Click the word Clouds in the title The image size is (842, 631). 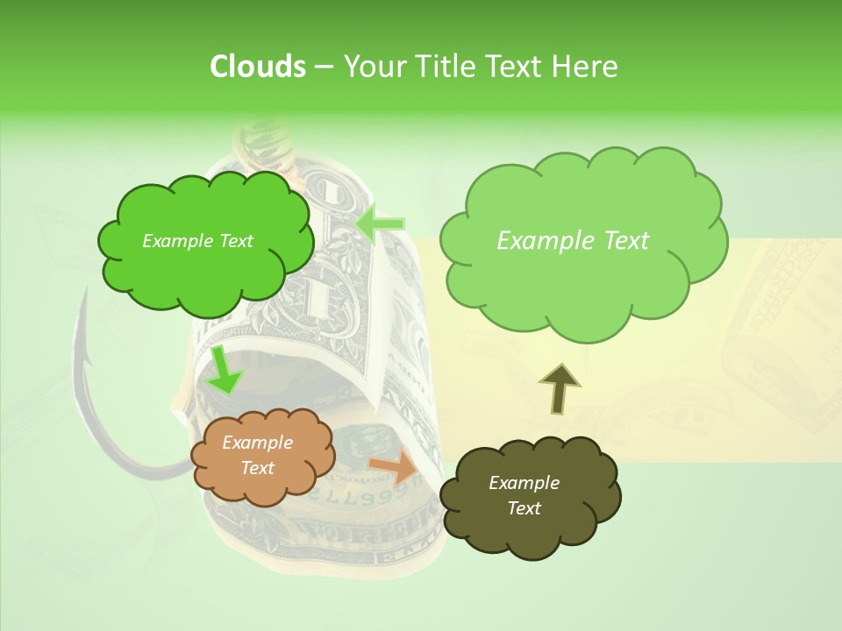point(257,66)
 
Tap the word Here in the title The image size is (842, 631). point(587,66)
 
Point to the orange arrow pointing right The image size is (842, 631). point(394,467)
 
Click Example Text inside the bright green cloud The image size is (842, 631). point(197,241)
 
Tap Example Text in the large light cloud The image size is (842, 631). point(573,241)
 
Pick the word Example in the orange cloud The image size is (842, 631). point(257,443)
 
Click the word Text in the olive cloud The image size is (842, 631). point(524,508)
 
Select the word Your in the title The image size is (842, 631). point(369,66)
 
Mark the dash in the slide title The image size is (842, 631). point(324,67)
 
